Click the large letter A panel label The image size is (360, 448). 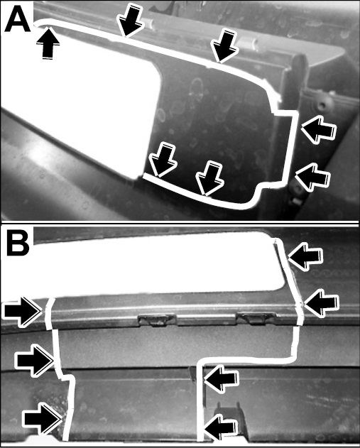18,19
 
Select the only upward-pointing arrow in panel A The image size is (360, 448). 48,43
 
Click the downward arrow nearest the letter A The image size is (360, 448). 129,20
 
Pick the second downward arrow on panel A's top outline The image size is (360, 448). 224,45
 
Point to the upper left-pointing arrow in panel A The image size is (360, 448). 318,129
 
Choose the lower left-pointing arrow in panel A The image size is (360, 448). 312,177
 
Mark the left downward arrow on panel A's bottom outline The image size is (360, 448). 163,159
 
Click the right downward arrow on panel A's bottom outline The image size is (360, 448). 209,178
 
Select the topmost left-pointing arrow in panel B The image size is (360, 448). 305,256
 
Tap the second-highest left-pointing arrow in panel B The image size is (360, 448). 322,303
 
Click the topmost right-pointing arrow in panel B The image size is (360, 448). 22,312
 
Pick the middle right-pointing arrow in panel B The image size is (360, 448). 35,361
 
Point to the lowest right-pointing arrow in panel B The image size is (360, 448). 43,419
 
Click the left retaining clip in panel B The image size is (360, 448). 157,319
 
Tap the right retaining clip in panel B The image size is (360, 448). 255,317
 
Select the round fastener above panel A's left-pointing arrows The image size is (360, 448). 322,104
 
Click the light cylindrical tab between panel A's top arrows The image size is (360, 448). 247,43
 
